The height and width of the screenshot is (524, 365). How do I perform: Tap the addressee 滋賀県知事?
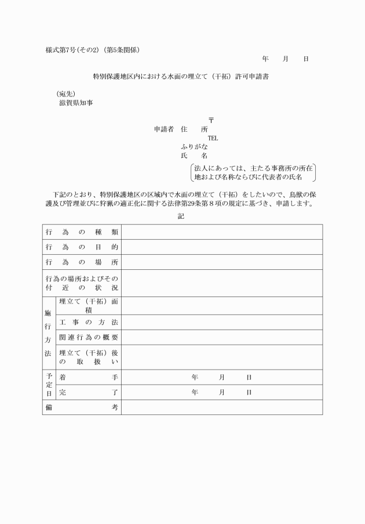(76, 103)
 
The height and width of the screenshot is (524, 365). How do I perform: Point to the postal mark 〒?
(211, 121)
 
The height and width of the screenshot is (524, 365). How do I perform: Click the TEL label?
(213, 138)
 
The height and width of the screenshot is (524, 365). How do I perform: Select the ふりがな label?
(194, 147)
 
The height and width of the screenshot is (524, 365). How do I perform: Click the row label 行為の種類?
(82, 232)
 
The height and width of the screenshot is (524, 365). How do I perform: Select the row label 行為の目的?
(82, 247)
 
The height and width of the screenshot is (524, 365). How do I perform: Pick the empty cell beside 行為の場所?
(221, 262)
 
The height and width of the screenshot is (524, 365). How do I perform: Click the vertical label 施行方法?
(48, 333)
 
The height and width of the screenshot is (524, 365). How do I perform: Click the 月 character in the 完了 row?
(222, 392)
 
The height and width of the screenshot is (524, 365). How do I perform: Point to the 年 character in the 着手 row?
(195, 377)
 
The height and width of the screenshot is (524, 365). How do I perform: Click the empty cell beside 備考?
(221, 407)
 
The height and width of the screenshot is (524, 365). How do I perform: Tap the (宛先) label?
(65, 93)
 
